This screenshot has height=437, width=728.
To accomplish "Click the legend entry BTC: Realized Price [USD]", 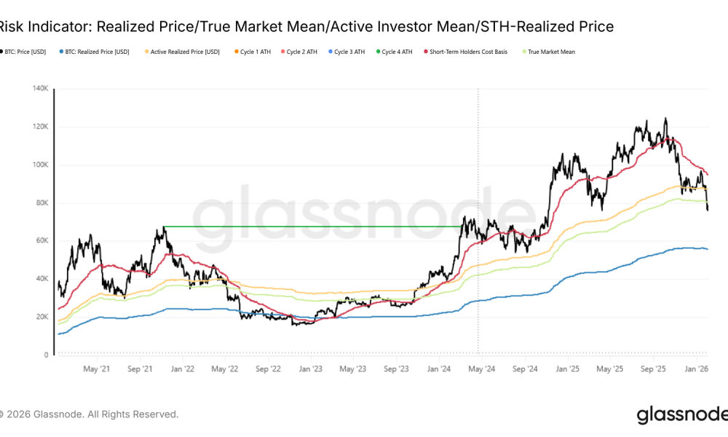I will (x=97, y=52).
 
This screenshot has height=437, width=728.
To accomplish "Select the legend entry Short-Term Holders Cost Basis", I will (x=478, y=52).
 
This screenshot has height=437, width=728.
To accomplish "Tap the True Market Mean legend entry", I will (x=557, y=52).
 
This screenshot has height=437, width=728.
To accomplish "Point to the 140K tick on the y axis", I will (x=39, y=89).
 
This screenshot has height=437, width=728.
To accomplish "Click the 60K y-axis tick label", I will (x=41, y=241).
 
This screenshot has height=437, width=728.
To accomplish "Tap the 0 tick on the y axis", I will (x=47, y=355).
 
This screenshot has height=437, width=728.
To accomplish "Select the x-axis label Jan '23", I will (x=311, y=369).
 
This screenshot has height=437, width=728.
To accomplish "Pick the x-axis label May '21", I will (x=97, y=369).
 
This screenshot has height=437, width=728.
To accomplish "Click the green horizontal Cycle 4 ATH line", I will (x=313, y=227).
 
